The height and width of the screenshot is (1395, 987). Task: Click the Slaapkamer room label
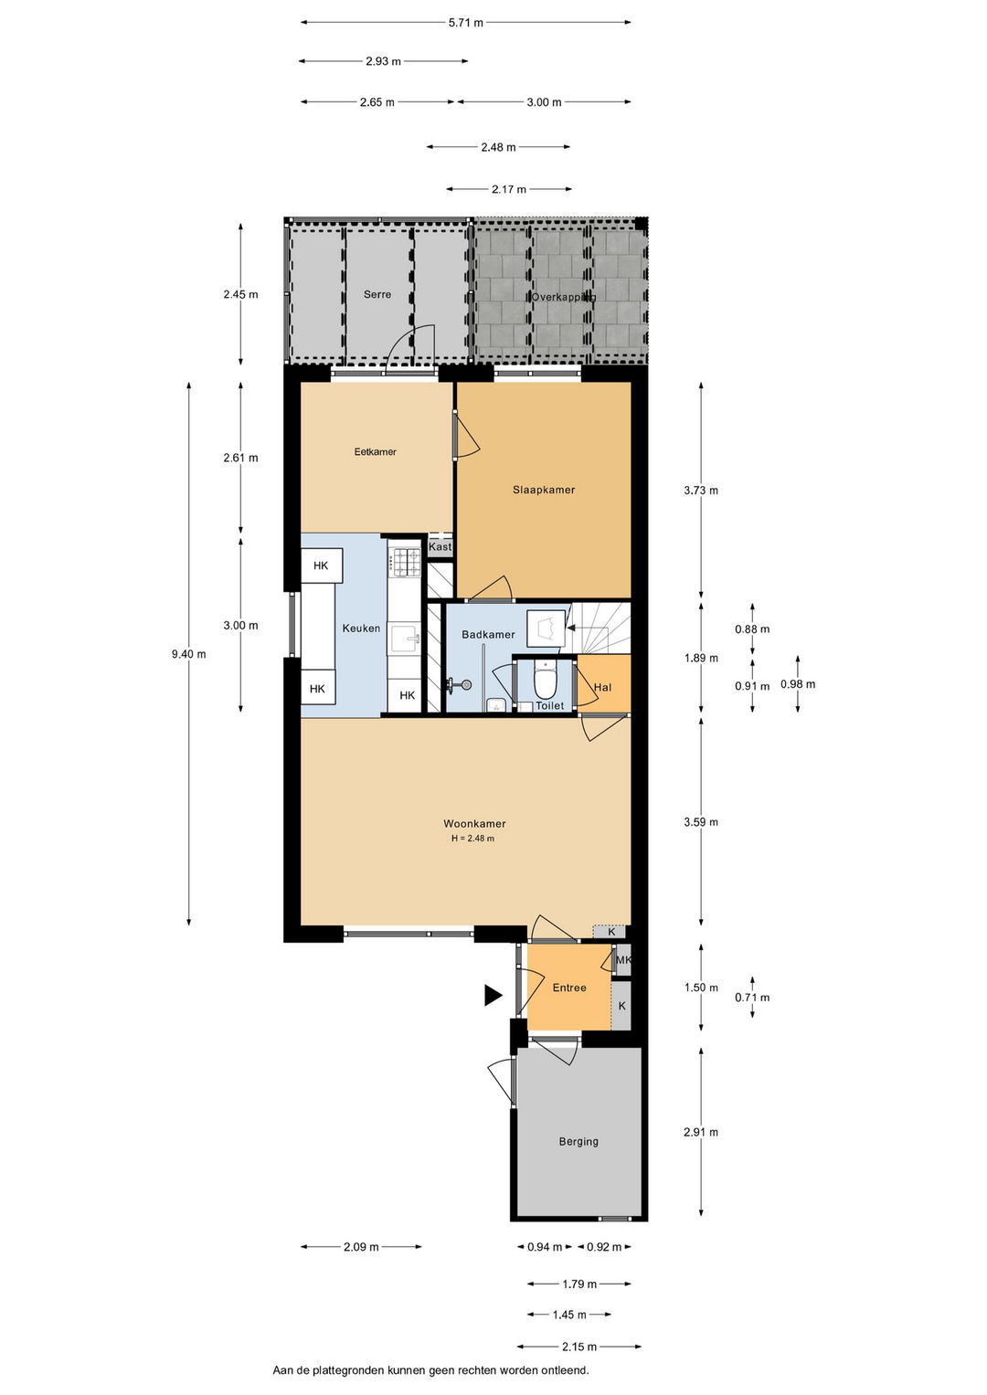click(544, 490)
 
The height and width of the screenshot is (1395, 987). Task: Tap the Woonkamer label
click(474, 823)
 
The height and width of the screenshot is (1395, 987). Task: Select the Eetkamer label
click(375, 452)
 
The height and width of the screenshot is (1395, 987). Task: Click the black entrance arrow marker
click(493, 995)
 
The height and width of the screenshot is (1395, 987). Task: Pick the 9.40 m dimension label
click(189, 654)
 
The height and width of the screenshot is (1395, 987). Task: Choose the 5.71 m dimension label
click(466, 23)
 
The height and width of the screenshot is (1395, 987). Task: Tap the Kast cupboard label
click(440, 547)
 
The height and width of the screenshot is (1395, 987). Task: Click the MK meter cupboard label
click(623, 959)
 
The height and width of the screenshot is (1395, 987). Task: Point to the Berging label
click(578, 1142)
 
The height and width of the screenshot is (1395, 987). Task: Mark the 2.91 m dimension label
click(701, 1132)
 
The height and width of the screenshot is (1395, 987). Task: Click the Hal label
click(602, 688)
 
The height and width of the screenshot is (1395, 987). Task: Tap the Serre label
click(377, 294)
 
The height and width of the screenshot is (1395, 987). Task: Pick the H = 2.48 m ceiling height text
click(473, 839)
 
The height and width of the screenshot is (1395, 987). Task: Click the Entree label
click(569, 988)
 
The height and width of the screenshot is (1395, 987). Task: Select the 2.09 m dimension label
click(361, 1247)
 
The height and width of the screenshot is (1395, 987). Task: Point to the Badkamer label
click(488, 635)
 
